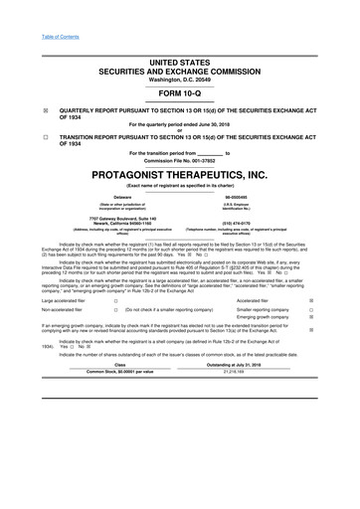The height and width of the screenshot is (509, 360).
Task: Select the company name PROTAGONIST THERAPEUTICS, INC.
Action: pyautogui.click(x=180, y=172)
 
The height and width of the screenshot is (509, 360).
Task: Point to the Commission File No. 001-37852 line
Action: pyautogui.click(x=180, y=158)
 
